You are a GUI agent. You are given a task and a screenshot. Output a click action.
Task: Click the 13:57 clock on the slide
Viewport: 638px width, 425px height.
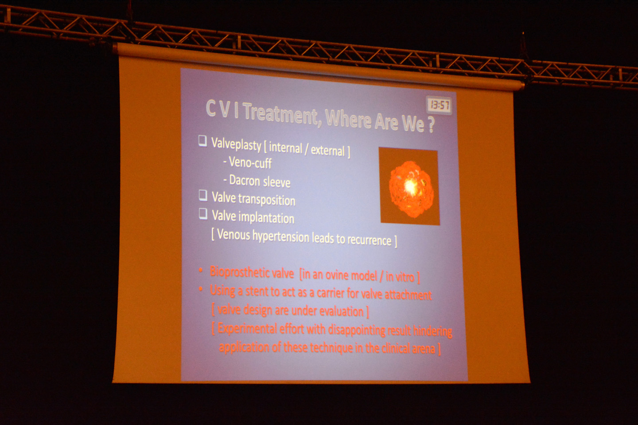(x=439, y=105)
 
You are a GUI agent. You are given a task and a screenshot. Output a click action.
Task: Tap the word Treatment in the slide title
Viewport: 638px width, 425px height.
(x=280, y=114)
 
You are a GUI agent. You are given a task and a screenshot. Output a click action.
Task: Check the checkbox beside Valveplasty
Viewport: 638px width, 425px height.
(x=202, y=141)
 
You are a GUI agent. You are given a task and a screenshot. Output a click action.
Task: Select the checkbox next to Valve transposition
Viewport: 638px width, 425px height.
(x=203, y=196)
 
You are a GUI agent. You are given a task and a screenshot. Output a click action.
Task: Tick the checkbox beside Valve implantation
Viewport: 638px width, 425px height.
(x=203, y=214)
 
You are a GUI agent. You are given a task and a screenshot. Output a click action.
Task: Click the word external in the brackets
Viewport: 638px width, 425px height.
(x=327, y=150)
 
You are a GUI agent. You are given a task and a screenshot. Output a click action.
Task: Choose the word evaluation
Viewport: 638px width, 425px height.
(x=341, y=311)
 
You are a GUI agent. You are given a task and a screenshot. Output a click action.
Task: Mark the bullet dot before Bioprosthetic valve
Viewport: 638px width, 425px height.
(x=201, y=270)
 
